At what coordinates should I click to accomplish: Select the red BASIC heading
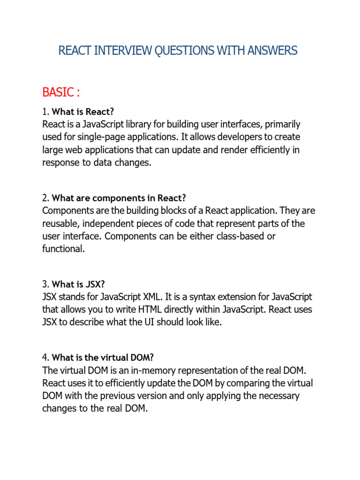(x=61, y=92)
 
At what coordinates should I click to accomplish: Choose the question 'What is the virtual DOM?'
(x=102, y=357)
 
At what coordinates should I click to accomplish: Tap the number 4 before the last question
(x=45, y=357)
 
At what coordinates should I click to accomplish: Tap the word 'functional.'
(x=64, y=249)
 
